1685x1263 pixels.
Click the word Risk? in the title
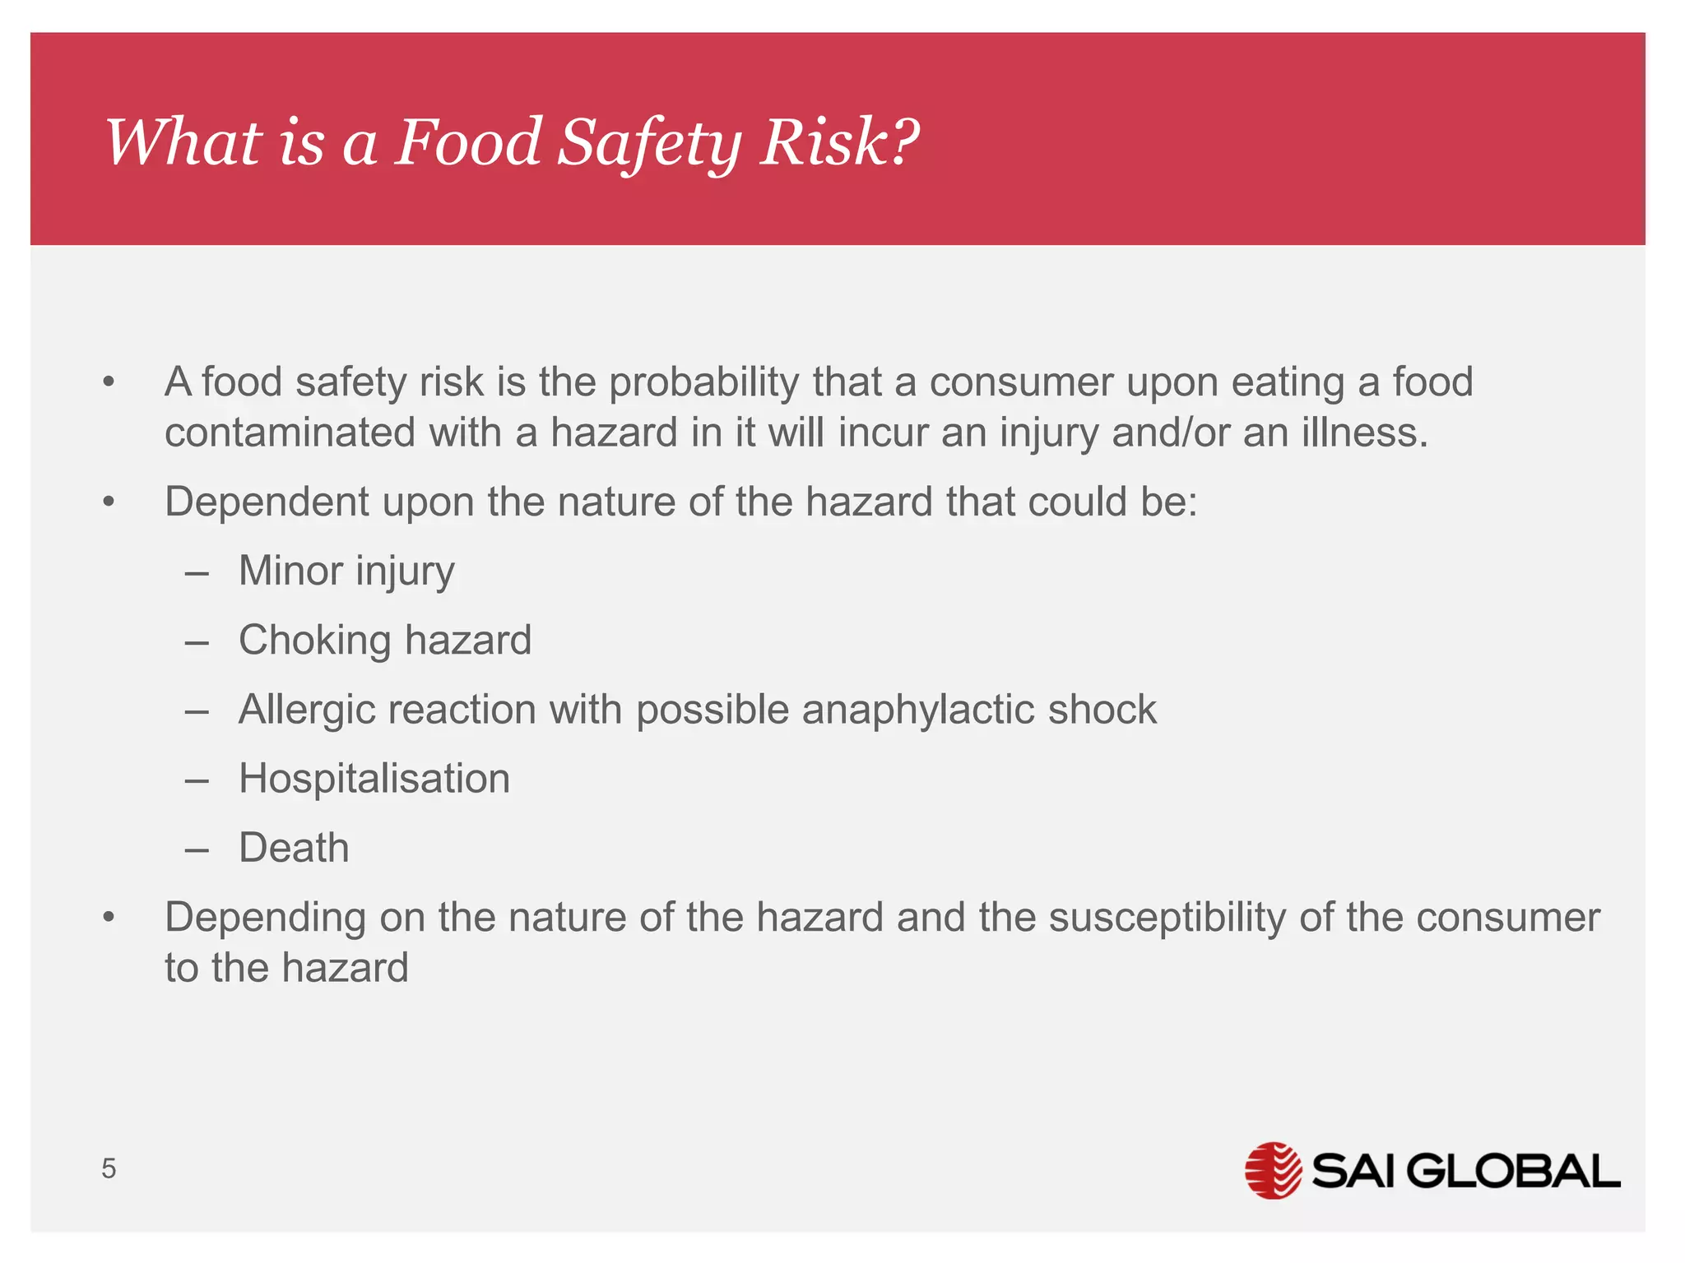(838, 141)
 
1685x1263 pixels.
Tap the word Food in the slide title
(467, 141)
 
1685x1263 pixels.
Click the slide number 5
(109, 1168)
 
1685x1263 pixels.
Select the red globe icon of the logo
(1273, 1170)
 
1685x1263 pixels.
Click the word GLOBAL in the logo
(1514, 1171)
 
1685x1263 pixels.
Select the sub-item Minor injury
(346, 571)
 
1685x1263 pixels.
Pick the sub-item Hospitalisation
(374, 779)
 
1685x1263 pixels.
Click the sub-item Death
(294, 848)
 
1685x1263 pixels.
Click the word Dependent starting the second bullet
(267, 502)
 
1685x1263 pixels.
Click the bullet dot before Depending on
(109, 918)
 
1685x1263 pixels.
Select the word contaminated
(290, 433)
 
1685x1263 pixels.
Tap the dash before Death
(197, 849)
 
